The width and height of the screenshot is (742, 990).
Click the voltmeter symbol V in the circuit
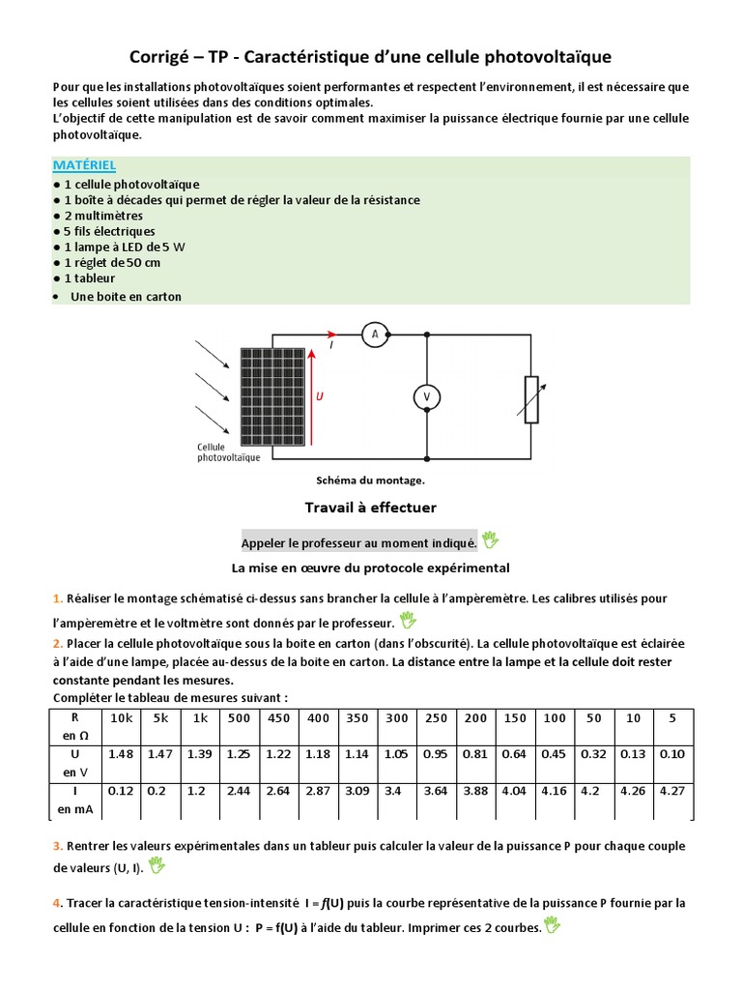426,397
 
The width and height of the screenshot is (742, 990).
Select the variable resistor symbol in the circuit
530,398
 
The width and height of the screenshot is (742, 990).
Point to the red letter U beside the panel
320,396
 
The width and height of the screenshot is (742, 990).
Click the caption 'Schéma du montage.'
370,480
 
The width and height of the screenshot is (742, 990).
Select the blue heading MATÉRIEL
84,165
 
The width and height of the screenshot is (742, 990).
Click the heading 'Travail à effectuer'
370,508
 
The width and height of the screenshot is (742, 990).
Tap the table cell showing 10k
121,718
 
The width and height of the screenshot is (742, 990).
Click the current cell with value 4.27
671,790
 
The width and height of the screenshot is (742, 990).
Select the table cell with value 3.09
357,790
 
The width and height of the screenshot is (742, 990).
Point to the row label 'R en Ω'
74,725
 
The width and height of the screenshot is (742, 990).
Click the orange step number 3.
57,846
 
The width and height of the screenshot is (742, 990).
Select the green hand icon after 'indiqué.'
490,539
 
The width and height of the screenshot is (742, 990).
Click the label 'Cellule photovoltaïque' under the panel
227,452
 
